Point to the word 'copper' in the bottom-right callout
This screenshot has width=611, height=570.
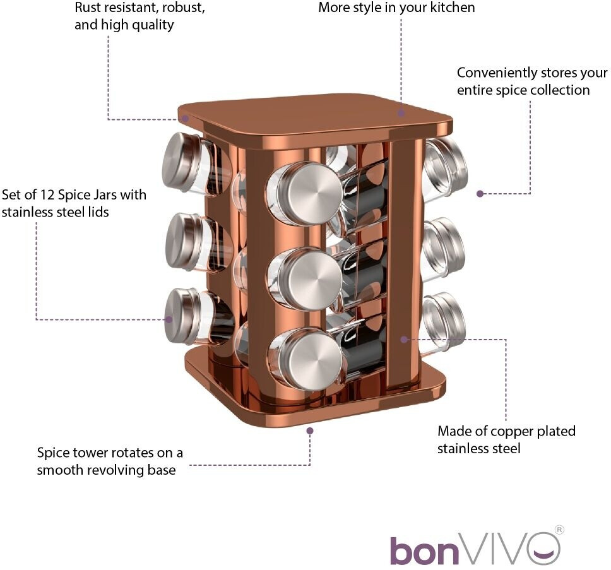click(x=507, y=431)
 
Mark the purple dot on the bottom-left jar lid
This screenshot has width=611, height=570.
click(x=169, y=319)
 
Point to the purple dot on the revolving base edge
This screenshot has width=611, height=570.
click(x=310, y=430)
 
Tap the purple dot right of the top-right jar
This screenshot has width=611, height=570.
click(x=480, y=194)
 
